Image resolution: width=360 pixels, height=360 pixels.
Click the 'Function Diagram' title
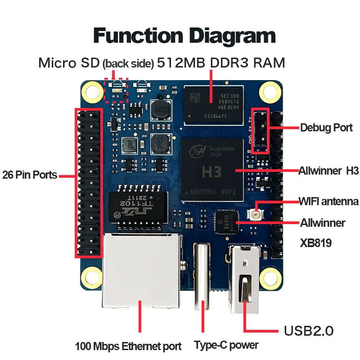point(184,36)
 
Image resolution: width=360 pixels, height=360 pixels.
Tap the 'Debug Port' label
point(326,128)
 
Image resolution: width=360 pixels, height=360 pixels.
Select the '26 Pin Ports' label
point(30,175)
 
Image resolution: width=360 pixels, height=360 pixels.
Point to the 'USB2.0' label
point(309,331)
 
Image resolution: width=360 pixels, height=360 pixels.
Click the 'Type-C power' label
point(226,346)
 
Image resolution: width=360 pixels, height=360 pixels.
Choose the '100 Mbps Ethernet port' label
point(128,346)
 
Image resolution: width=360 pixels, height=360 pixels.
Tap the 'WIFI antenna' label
point(328,201)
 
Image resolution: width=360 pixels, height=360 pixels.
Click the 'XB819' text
point(316,243)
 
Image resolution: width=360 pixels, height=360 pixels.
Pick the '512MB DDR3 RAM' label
point(220,63)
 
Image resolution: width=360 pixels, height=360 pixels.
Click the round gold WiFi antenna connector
point(258,215)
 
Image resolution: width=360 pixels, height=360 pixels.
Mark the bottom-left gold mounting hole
point(94,276)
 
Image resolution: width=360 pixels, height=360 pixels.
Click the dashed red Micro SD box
point(116,90)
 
